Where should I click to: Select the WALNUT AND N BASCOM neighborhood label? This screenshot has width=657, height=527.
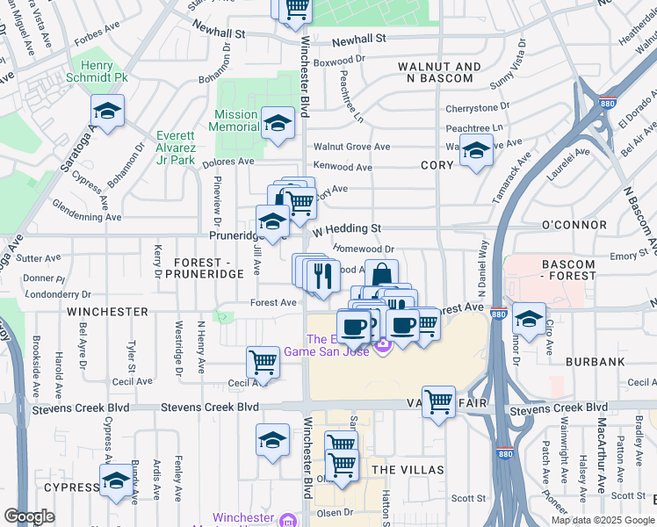point(439,73)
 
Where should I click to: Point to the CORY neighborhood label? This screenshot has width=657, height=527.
point(437,165)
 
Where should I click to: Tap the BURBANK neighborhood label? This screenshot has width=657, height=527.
point(595,361)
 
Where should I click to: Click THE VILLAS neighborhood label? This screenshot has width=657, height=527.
point(408,470)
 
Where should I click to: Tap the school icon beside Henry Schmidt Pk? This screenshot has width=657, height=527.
point(107,112)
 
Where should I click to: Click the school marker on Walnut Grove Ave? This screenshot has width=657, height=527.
point(475,151)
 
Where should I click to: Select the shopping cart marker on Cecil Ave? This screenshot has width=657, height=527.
point(263,360)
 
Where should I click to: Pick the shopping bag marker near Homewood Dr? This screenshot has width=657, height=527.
point(381,274)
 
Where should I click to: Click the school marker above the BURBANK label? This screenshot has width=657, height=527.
point(529,318)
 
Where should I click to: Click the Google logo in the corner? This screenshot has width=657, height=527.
point(30,516)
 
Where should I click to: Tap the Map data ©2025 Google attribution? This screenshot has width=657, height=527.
point(602,520)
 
